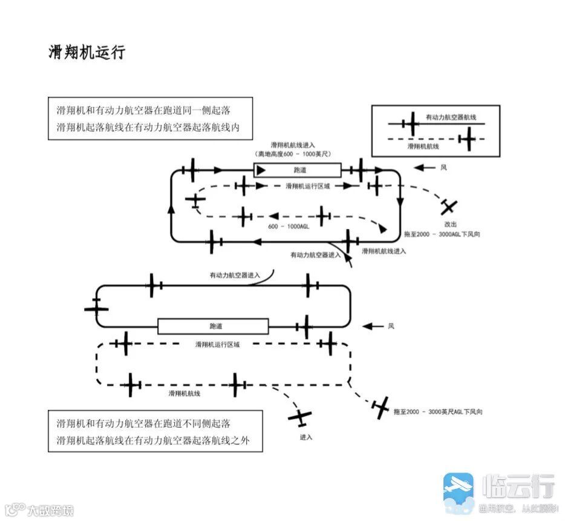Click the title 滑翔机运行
pos(87,52)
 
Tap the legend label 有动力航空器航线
pos(448,116)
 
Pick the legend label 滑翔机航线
pos(423,146)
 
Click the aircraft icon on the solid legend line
pos(411,124)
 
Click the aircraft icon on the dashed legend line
pos(467,140)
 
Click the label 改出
pos(450,224)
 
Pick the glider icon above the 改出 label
pos(448,207)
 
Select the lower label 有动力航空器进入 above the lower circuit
pos(235,275)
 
